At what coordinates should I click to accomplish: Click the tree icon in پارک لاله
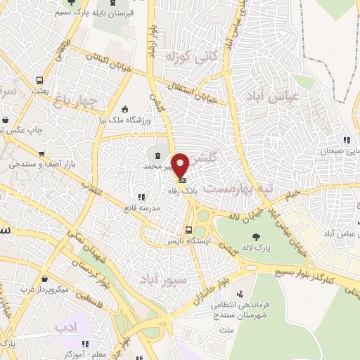click(255, 237)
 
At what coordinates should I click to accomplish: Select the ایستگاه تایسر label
click(188, 240)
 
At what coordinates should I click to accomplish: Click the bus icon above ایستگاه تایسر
click(188, 229)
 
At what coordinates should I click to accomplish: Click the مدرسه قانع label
click(140, 207)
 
